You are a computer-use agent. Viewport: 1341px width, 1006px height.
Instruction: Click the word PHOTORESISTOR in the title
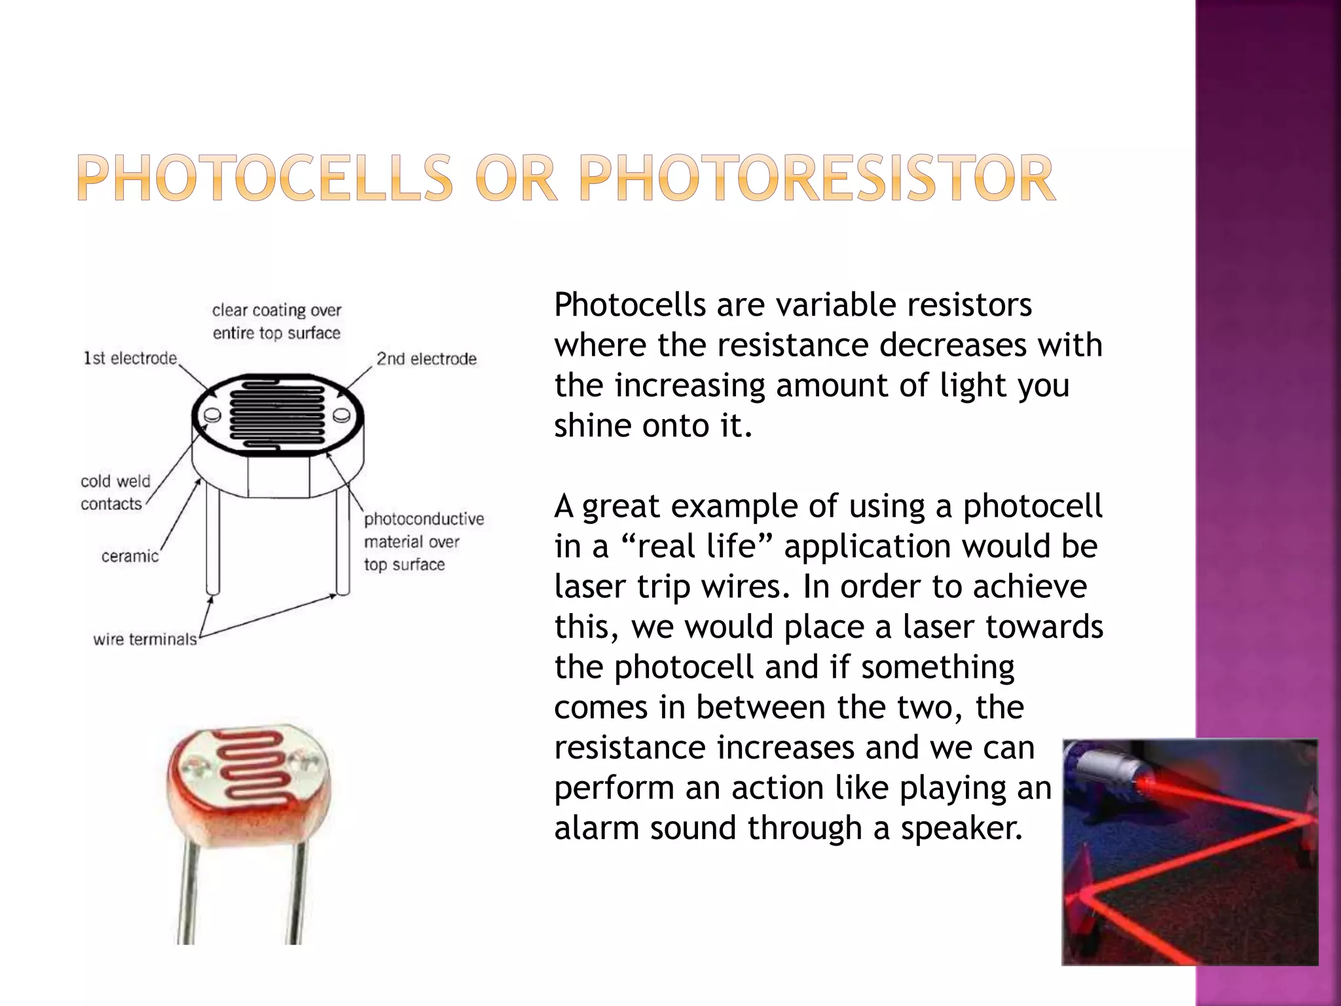coord(817,178)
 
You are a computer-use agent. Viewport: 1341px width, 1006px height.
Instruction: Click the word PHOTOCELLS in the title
coord(265,178)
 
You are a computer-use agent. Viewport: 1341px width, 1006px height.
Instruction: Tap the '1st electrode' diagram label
coord(130,358)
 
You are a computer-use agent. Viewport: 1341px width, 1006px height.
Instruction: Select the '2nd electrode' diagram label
coord(426,359)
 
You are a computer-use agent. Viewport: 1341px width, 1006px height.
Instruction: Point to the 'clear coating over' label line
coord(276,310)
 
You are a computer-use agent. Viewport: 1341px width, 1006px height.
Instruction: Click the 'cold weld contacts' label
coord(115,493)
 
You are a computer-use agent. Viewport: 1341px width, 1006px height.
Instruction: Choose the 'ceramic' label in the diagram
coord(130,556)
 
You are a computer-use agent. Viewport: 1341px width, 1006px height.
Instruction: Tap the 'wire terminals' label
coord(145,639)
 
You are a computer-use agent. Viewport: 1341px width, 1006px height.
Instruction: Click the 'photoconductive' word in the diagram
coord(424,519)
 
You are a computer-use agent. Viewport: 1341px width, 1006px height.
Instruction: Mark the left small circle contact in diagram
coord(211,415)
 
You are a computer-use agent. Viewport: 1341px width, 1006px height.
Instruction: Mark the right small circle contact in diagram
coord(341,415)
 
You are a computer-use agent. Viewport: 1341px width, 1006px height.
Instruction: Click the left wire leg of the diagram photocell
coord(212,544)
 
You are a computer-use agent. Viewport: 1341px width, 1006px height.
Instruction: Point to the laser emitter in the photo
coord(1107,770)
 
